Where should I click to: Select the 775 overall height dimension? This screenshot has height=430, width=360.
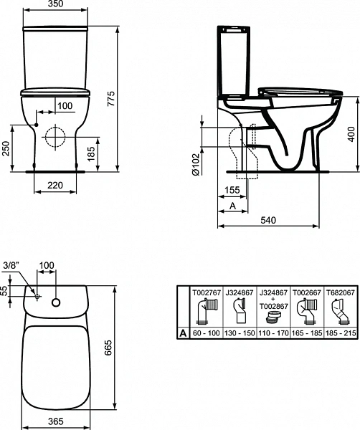tap(110, 100)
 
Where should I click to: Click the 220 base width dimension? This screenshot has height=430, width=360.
tap(55, 185)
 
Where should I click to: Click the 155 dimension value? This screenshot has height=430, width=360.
tap(231, 191)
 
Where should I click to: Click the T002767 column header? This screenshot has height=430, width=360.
tap(204, 293)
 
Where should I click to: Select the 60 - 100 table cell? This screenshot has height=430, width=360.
tap(204, 334)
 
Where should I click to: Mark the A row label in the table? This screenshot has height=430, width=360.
tap(183, 334)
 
